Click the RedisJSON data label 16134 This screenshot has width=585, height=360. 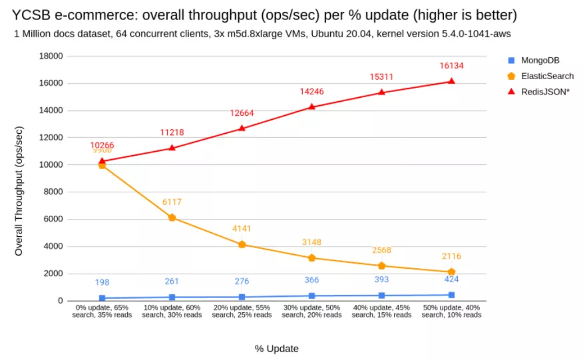(x=451, y=66)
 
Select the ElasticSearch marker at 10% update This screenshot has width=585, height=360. (x=172, y=218)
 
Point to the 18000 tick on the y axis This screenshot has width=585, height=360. (x=50, y=56)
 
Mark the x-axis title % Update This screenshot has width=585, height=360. (x=276, y=348)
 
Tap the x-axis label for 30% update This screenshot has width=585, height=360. (x=311, y=311)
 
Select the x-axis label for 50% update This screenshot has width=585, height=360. (x=451, y=311)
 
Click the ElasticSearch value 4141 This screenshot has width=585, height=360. (x=242, y=229)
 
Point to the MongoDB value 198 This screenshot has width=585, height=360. (x=102, y=283)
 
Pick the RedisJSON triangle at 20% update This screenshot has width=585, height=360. (x=242, y=128)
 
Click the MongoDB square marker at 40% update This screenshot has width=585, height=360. (x=381, y=295)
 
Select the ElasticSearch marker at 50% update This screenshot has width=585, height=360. (x=451, y=271)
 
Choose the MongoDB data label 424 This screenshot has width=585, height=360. (x=451, y=279)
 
